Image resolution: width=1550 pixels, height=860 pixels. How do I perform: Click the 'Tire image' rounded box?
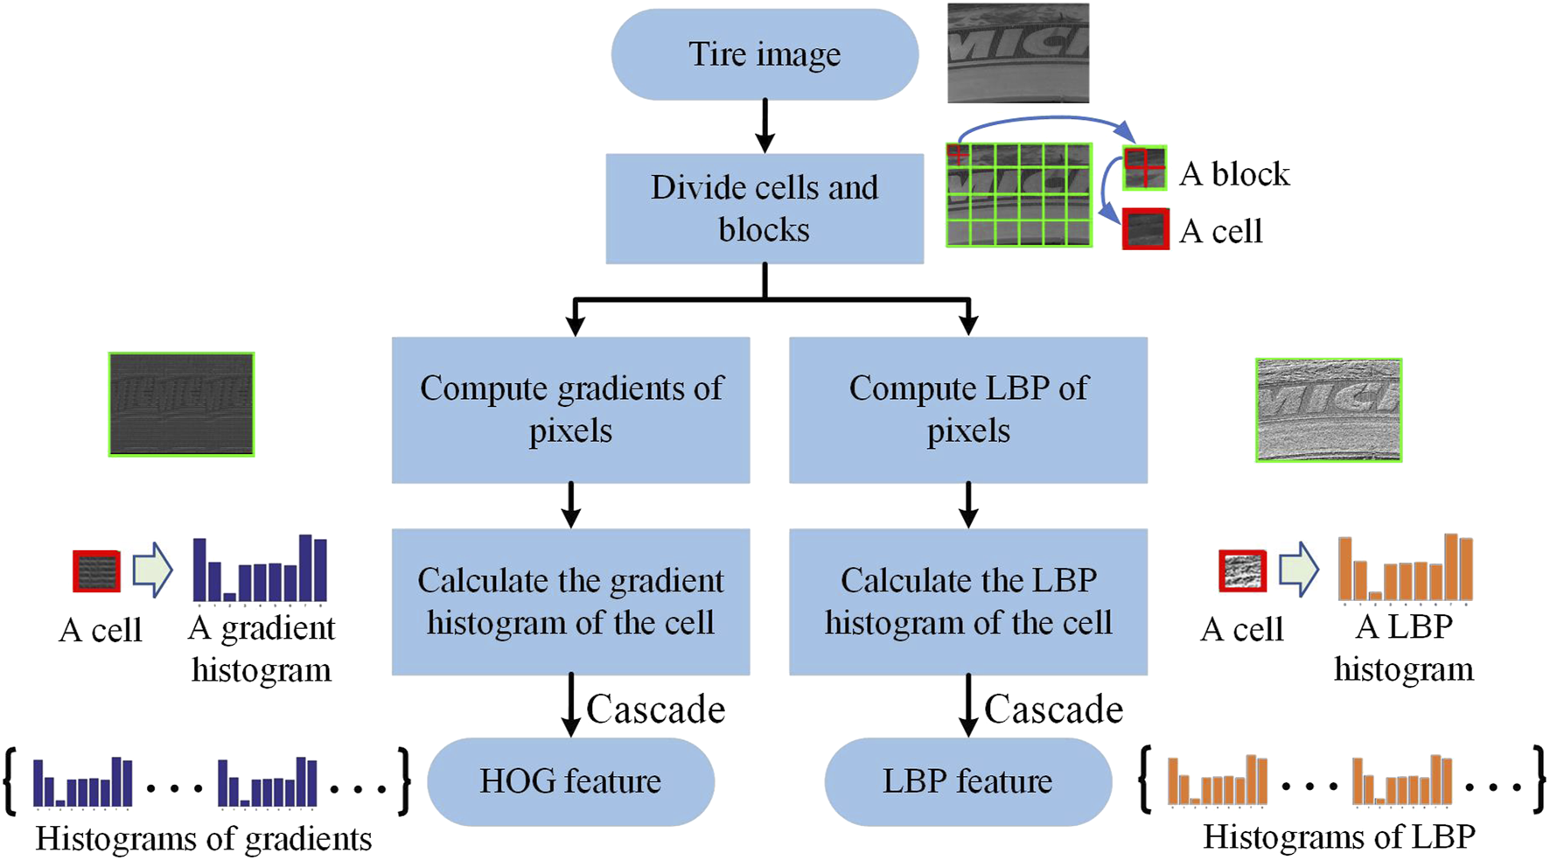(764, 54)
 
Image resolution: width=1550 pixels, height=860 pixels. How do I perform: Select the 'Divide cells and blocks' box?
(764, 208)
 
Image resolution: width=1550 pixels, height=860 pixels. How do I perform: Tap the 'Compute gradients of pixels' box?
(570, 409)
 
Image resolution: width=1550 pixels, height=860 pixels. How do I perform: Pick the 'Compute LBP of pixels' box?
(967, 409)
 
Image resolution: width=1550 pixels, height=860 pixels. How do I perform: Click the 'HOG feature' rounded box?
(570, 781)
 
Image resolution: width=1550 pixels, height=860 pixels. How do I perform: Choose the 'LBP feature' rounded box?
(967, 781)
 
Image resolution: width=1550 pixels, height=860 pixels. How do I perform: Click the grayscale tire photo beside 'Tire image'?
(1018, 53)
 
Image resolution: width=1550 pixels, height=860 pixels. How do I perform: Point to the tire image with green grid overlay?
(1019, 195)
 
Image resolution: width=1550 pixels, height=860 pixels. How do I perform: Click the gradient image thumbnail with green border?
(181, 404)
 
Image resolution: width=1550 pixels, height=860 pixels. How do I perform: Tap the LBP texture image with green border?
(1328, 409)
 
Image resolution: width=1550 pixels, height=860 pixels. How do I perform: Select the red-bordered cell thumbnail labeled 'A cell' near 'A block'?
(1145, 229)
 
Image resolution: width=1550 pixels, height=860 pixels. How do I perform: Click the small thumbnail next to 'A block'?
(1145, 168)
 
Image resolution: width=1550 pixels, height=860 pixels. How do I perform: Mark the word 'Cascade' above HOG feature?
(655, 710)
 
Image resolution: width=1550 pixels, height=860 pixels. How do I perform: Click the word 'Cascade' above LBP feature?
(1053, 710)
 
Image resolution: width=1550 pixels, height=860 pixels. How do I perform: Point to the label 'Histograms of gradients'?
(203, 839)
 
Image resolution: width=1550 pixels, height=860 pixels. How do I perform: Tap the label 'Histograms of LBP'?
(1338, 837)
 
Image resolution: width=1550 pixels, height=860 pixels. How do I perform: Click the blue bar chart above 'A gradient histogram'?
(260, 570)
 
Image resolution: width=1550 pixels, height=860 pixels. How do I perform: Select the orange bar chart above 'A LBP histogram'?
(1405, 569)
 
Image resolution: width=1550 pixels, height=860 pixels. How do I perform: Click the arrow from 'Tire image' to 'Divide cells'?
(765, 126)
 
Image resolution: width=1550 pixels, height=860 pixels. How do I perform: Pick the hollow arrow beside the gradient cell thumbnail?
(152, 570)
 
